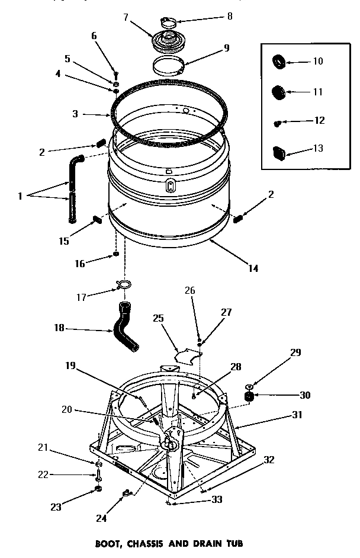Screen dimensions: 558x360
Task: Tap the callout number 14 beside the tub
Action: (x=253, y=268)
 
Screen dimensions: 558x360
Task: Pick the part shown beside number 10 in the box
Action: (x=279, y=61)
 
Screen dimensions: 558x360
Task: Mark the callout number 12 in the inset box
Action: (x=319, y=120)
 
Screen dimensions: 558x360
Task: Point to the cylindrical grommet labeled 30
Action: (x=249, y=395)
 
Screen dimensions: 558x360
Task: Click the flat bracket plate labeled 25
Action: (x=188, y=356)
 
